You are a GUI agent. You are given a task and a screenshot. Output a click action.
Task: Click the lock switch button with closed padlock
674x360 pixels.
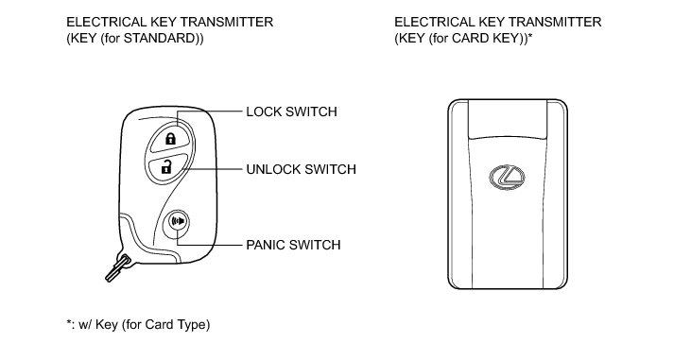pos(170,137)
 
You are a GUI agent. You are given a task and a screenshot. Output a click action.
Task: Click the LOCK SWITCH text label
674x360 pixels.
pos(291,111)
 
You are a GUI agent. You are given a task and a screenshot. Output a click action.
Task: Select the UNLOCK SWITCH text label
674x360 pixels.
pos(301,169)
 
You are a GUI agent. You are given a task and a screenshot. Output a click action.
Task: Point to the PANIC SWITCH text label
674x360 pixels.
pos(293,245)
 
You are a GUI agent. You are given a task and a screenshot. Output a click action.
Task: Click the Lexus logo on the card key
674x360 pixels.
pos(507,178)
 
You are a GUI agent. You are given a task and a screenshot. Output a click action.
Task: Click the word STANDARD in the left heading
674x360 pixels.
pos(160,38)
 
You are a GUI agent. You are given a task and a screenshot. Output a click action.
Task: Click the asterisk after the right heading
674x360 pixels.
pos(530,36)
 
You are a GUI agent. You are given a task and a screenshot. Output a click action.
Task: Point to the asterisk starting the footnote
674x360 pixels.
pos(69,322)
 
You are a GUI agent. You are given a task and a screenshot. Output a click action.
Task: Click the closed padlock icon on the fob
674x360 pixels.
pos(171,138)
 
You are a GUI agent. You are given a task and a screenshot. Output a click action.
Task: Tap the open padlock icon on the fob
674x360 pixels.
pos(166,166)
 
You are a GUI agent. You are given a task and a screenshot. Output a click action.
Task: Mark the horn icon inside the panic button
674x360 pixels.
pos(178,221)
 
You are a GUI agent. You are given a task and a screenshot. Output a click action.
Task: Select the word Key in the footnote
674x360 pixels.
pos(107,324)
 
